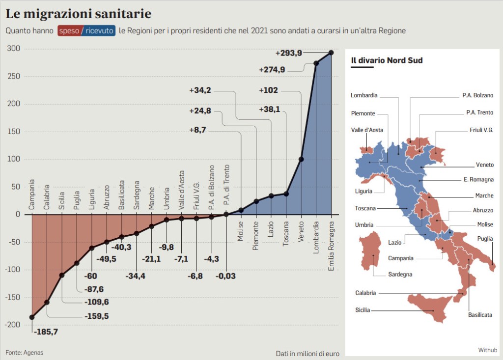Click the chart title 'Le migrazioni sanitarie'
click(78, 13)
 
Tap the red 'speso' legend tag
click(69, 30)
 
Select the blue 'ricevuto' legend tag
click(100, 30)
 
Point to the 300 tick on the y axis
click(13, 48)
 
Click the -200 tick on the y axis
click(12, 325)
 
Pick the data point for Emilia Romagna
click(331, 53)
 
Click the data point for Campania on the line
click(32, 317)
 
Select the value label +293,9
click(288, 53)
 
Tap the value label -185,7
click(46, 332)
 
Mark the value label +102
click(268, 90)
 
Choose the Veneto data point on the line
click(301, 159)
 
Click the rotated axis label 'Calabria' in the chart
click(47, 197)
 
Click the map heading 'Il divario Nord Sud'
click(387, 60)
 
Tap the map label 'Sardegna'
click(400, 274)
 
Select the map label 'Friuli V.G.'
click(481, 131)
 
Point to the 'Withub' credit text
click(488, 350)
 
